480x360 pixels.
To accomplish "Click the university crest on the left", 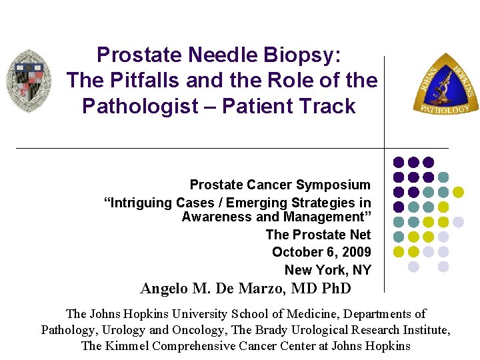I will click(29, 80).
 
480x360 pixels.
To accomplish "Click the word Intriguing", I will click(143, 203).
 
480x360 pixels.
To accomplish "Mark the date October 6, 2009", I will click(321, 252).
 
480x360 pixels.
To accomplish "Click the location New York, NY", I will click(327, 270).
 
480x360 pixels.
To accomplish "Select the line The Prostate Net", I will click(318, 235).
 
